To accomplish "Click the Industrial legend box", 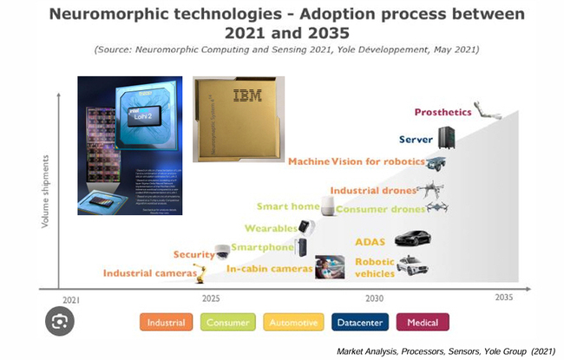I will click(166, 322).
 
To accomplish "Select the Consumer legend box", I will click(227, 322).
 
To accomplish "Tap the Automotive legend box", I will click(292, 322).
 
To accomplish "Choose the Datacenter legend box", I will click(357, 322).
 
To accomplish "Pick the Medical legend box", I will click(423, 322).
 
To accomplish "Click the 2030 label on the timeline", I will click(375, 298).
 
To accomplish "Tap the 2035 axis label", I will click(503, 298).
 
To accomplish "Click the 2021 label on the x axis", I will click(71, 299).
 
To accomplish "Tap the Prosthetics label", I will click(443, 112).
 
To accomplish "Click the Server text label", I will click(416, 139).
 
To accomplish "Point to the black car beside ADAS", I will click(412, 239).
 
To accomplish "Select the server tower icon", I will click(446, 137).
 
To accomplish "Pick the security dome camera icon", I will click(223, 252).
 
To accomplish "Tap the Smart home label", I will click(286, 206).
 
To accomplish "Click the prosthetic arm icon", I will click(488, 112).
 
